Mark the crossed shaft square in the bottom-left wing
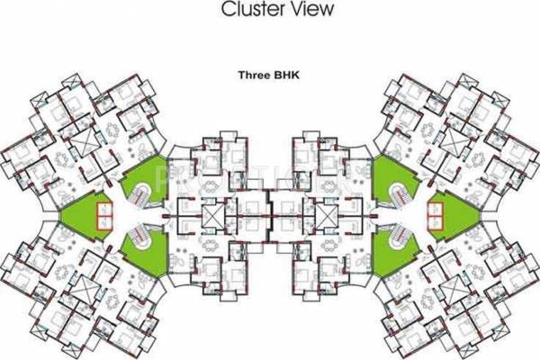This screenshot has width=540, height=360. pyautogui.click(x=84, y=290)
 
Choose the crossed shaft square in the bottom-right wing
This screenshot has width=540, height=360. pyautogui.click(x=456, y=290)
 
